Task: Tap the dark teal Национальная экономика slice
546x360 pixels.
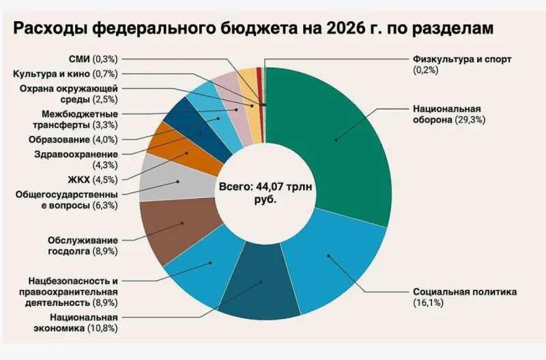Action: click(x=259, y=287)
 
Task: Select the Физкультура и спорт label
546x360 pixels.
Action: click(x=461, y=59)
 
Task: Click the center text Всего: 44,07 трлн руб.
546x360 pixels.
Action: click(x=266, y=192)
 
